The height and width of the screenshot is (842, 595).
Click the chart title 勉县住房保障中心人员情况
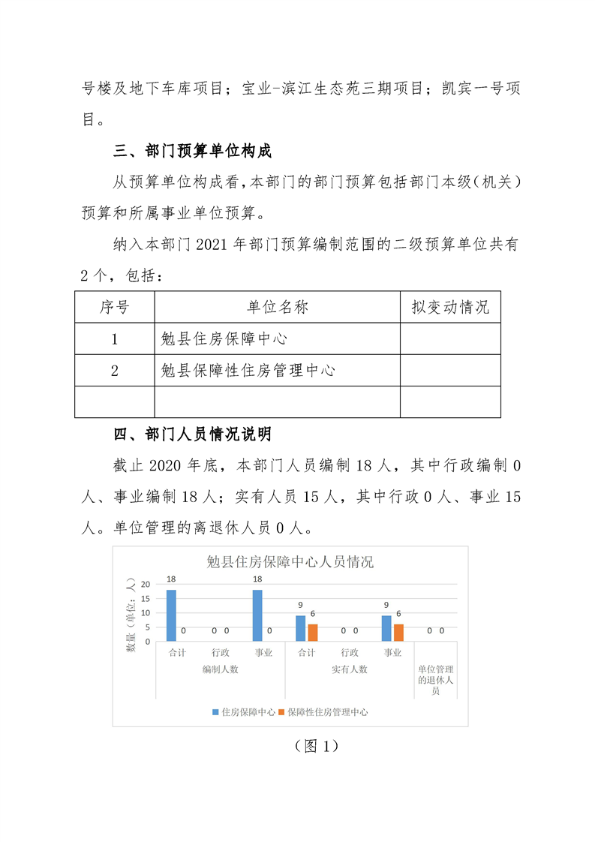coord(290,562)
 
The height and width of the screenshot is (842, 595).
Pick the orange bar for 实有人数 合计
coord(313,633)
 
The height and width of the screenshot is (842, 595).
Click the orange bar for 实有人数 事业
coord(398,633)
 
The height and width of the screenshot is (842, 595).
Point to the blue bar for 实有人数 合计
coord(301,628)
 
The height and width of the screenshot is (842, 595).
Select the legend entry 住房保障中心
coord(244,712)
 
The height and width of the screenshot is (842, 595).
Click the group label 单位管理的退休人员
coord(436,679)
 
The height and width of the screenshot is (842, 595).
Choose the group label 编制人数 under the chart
coord(220,669)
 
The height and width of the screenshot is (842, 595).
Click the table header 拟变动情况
coord(449,307)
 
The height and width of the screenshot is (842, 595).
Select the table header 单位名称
coord(277,307)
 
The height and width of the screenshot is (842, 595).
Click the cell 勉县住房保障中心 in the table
coord(224,338)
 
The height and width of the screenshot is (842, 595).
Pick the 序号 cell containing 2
coord(115,370)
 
